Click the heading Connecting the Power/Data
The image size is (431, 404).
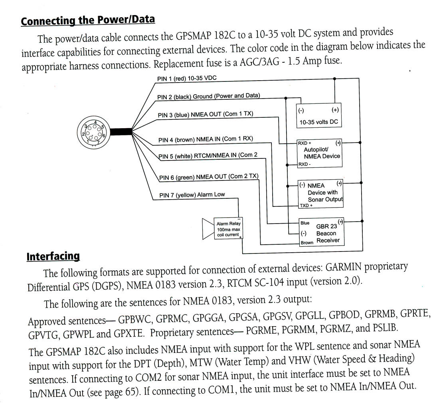tap(87, 20)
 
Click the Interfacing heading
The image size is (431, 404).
tap(53, 256)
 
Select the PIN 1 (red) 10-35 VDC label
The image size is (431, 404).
tap(187, 78)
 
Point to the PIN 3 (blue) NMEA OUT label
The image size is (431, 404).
tap(205, 115)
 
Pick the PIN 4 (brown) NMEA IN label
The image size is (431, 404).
tap(205, 139)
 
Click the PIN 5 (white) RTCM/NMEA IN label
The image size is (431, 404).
tap(208, 155)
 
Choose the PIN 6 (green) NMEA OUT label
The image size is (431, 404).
tap(208, 177)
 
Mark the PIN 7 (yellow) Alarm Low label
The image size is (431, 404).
tap(192, 195)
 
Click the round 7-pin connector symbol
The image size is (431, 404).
tap(93, 132)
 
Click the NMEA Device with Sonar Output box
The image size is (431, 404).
tap(321, 194)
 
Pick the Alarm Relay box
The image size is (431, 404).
tap(228, 229)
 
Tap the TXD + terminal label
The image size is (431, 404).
tap(306, 205)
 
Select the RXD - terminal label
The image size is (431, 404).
tap(304, 164)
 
